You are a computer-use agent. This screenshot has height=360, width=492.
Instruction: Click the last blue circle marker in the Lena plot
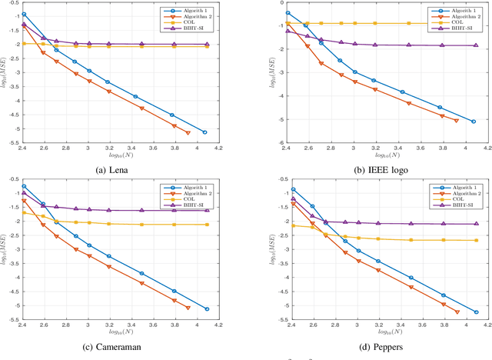204,132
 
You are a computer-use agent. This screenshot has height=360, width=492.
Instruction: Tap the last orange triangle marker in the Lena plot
188,133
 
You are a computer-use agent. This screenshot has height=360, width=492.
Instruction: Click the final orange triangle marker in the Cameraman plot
188,308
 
